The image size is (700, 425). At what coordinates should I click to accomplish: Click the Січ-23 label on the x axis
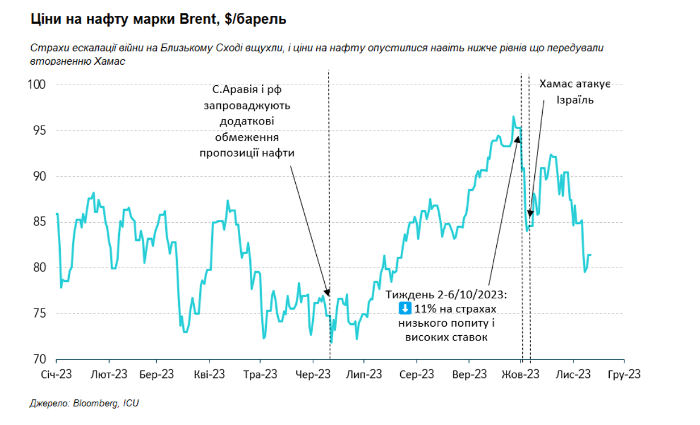click(x=56, y=374)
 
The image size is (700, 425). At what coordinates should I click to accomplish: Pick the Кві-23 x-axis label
click(x=208, y=374)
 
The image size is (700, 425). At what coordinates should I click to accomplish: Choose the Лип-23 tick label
click(x=364, y=374)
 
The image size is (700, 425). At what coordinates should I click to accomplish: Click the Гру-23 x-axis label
click(x=624, y=374)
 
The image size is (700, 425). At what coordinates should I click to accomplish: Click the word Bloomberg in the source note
click(x=94, y=403)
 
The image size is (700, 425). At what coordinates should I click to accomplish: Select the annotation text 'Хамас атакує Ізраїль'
click(x=575, y=92)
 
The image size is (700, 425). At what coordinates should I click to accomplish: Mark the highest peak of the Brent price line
click(x=513, y=117)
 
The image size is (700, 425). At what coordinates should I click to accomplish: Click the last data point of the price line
click(x=590, y=255)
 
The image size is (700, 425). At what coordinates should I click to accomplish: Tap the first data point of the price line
click(x=57, y=214)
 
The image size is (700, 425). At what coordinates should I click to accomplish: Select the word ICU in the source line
click(x=131, y=403)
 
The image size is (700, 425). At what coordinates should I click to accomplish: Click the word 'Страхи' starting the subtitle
click(x=47, y=48)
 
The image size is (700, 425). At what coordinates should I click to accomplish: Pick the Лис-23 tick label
click(x=573, y=374)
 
